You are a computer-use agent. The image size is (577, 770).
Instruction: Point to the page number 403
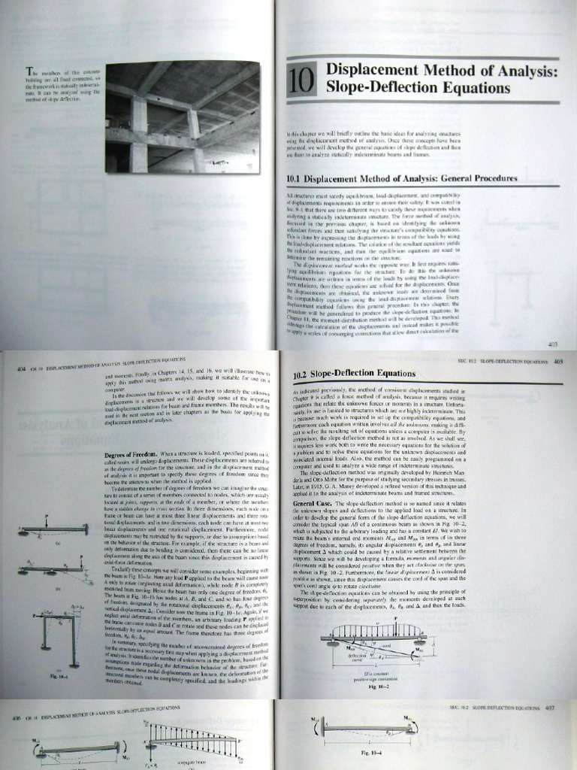click(x=552, y=344)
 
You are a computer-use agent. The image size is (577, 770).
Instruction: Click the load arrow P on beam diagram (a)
click(x=47, y=519)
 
